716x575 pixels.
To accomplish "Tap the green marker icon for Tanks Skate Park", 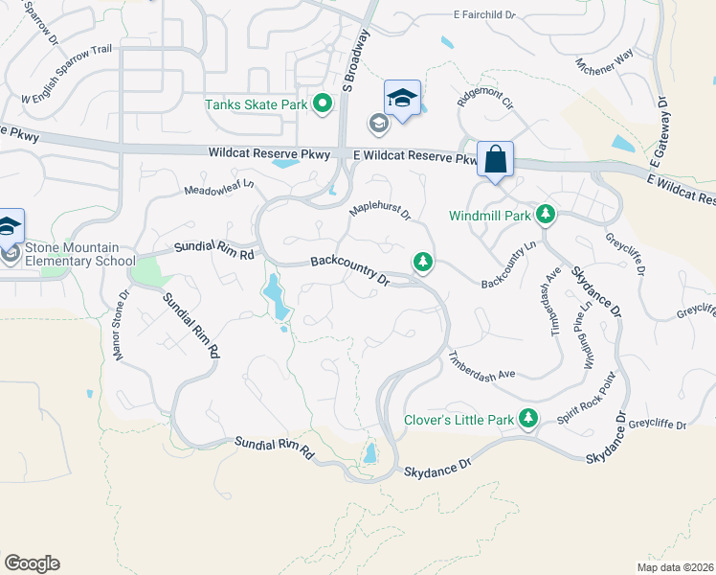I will point(323,103).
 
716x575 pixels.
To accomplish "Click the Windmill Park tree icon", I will point(545,215).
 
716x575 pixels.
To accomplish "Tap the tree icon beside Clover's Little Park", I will point(526,418).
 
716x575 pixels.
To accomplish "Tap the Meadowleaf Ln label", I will point(219,186).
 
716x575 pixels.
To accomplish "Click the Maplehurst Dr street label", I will point(379,208).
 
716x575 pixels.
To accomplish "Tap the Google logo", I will point(32,563).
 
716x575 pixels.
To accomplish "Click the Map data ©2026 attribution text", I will point(675,566).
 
